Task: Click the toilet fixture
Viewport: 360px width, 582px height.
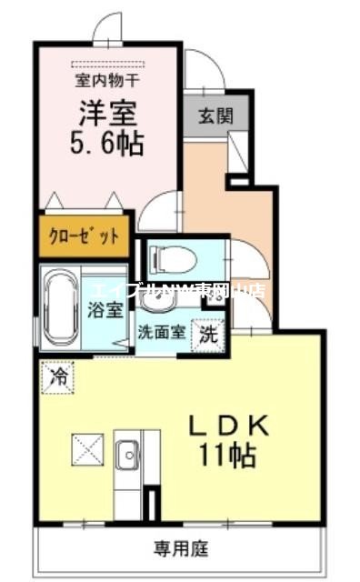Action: [x=173, y=258]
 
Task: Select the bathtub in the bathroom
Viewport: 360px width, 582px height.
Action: [x=62, y=305]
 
